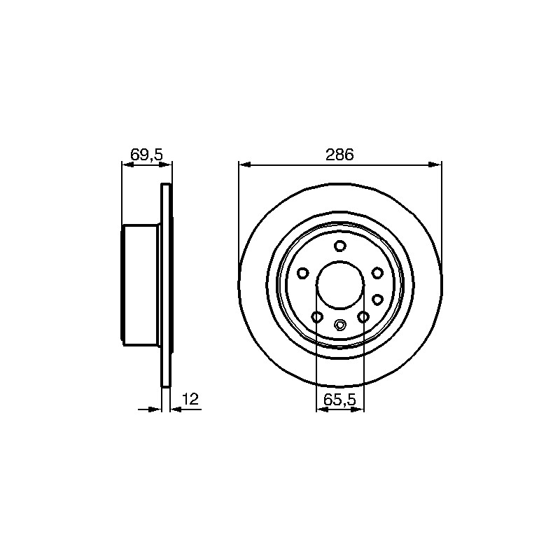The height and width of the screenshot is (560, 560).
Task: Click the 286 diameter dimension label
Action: tap(339, 155)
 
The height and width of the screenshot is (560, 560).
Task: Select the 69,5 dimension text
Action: tap(146, 155)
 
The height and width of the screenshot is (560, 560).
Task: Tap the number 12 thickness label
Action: tap(190, 399)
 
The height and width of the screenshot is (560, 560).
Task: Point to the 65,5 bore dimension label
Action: tap(340, 400)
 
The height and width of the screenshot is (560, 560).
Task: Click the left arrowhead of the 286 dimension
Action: tap(244, 164)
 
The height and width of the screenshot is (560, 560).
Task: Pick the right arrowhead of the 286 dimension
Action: tap(435, 164)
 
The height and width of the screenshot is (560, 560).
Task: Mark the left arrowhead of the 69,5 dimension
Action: tap(128, 164)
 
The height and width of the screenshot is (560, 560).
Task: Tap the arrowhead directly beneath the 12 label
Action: tap(176, 409)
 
